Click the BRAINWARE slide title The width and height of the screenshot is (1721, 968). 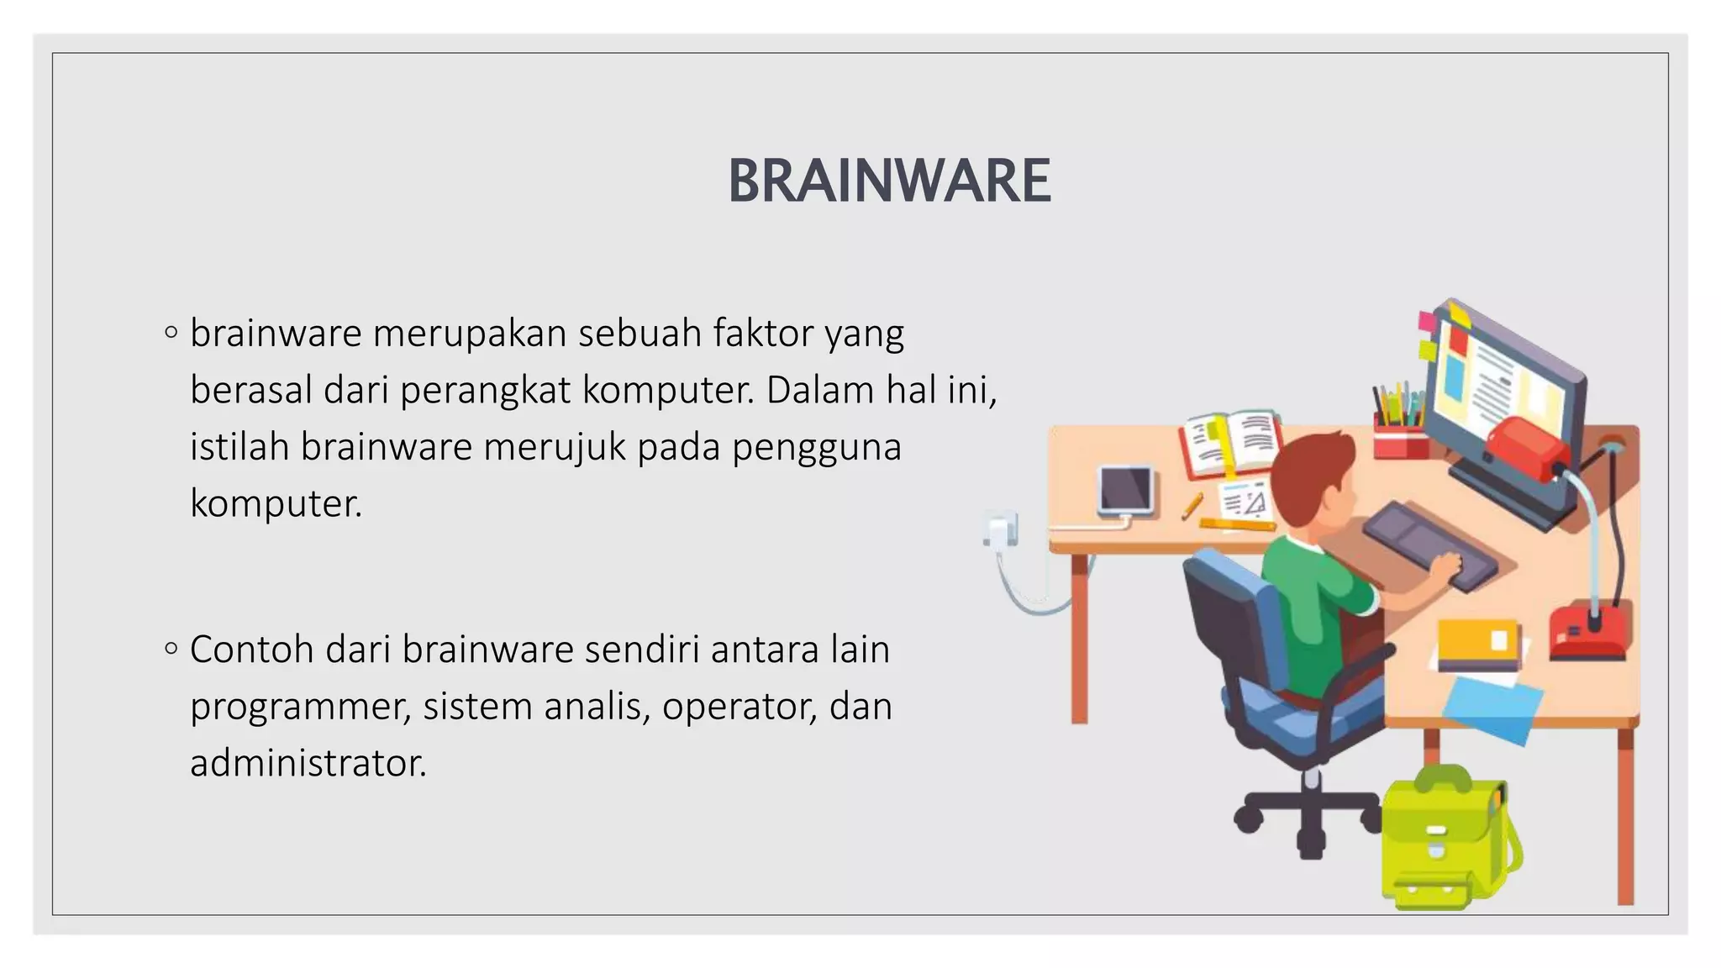[x=888, y=181]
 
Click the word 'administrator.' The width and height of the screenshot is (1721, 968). [x=308, y=763]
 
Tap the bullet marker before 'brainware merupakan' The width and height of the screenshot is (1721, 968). [x=171, y=333]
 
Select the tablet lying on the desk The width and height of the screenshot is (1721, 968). [x=1126, y=489]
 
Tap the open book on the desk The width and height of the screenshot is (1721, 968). [x=1231, y=441]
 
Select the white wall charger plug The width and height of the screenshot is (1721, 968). [x=1002, y=531]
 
